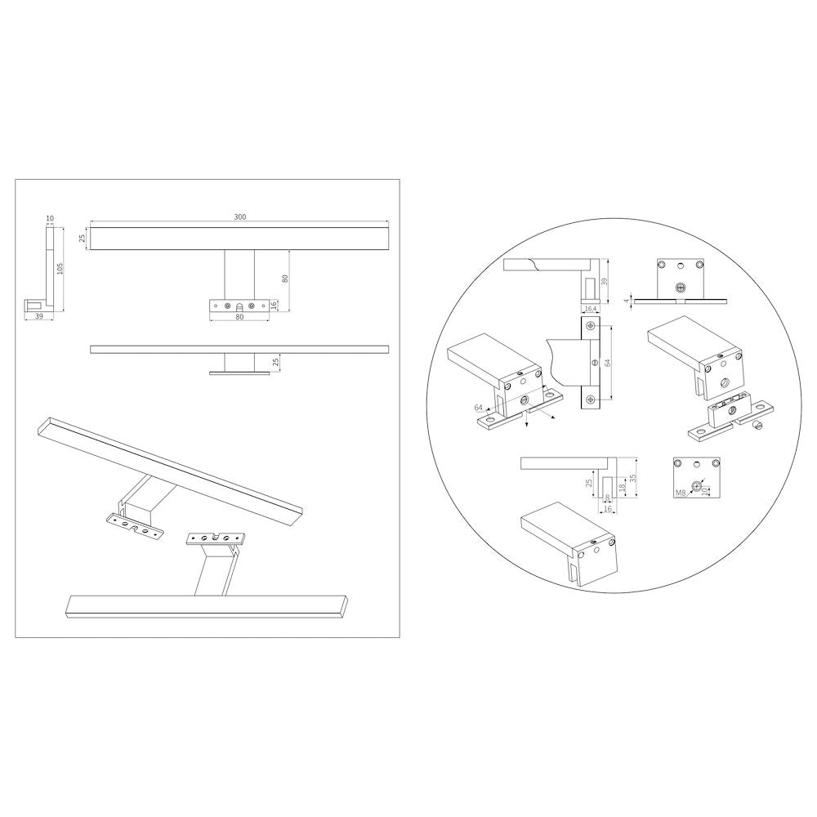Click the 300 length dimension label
(x=239, y=217)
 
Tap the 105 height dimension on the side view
(x=60, y=269)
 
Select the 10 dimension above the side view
(x=50, y=218)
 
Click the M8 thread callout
(x=680, y=493)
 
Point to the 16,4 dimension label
(x=591, y=309)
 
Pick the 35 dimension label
(x=632, y=478)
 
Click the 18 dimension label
(x=620, y=486)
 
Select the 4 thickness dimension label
(x=627, y=301)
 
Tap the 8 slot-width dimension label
(x=608, y=498)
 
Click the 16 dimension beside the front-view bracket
(x=274, y=306)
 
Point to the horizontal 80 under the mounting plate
(x=239, y=315)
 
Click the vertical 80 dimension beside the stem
(x=284, y=279)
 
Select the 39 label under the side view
(x=38, y=315)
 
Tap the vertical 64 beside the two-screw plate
(x=607, y=363)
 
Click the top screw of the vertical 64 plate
(x=590, y=326)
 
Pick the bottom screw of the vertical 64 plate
(x=590, y=400)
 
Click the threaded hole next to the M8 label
(x=697, y=487)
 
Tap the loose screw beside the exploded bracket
(x=758, y=426)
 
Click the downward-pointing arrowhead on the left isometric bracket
(x=526, y=425)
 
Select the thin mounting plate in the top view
(x=239, y=373)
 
